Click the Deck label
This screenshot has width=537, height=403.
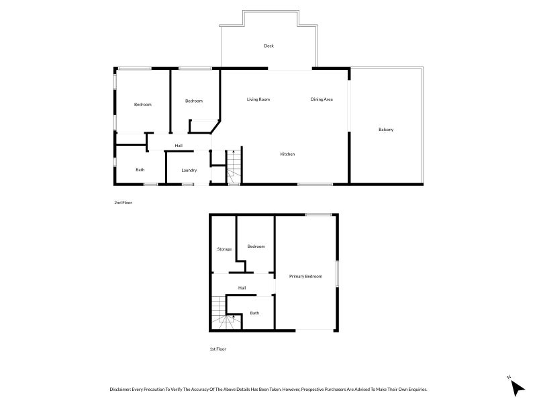point(269,46)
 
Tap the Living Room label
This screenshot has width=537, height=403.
point(258,99)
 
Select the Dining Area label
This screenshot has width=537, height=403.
point(322,99)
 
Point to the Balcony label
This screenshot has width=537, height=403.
point(386,130)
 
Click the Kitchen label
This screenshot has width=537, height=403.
point(287,154)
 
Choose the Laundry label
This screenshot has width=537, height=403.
point(189,171)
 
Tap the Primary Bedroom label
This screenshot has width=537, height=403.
point(305,277)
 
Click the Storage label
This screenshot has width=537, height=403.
point(224,249)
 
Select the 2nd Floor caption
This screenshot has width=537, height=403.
point(123,203)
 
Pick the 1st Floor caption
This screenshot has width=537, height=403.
point(217,349)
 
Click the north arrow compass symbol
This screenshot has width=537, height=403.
point(516,387)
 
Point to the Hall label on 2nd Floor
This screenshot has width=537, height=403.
point(179,146)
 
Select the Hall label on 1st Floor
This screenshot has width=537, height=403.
point(242,288)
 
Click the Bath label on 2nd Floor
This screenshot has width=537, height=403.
point(140,170)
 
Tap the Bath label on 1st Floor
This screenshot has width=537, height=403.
point(254,313)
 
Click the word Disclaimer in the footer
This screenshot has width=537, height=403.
point(120,390)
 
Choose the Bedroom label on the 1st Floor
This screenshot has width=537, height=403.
point(256,247)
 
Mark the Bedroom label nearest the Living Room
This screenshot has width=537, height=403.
point(194,101)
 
